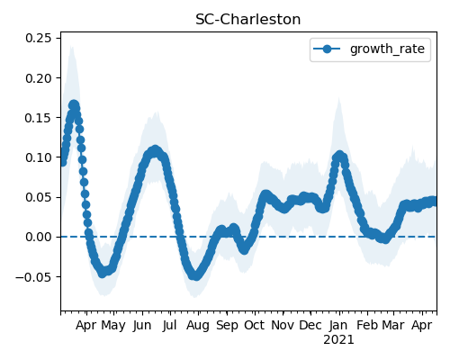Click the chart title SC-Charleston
247,20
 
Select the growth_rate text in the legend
387,49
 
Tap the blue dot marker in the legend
327,49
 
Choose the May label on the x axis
113,326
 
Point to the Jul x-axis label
170,325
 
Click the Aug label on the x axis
198,326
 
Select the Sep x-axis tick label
227,326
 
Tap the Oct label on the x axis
255,325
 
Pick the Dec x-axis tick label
310,325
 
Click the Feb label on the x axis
367,325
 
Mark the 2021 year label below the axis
338,339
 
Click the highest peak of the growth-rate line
74,105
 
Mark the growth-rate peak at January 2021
339,156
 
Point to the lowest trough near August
195,275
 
